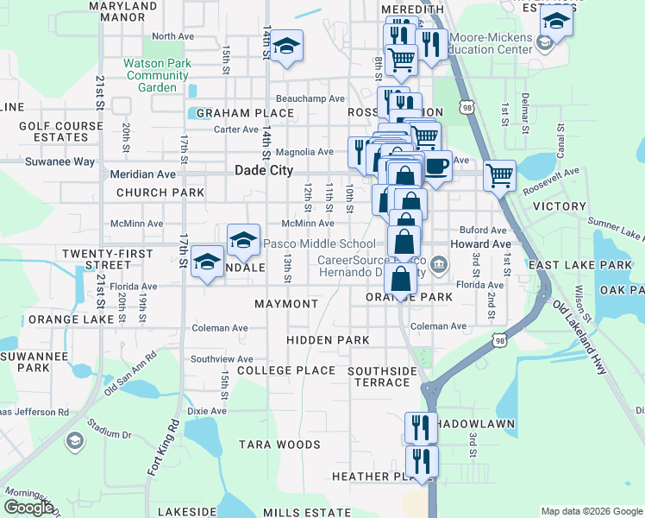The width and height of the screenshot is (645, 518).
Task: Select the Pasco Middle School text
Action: tap(319, 244)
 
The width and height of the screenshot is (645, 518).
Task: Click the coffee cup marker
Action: tap(436, 165)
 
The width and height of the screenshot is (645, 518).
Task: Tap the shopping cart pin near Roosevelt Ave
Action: tap(499, 175)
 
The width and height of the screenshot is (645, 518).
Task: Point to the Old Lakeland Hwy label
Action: tap(580, 337)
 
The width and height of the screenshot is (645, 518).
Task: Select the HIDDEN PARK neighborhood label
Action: tap(328, 340)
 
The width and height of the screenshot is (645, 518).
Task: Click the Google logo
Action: tap(28, 508)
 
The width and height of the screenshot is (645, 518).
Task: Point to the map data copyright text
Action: tap(591, 511)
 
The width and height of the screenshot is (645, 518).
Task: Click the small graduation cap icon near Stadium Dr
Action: tap(75, 441)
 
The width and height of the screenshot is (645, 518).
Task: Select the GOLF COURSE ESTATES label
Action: tap(53, 131)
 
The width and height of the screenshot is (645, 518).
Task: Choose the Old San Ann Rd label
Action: tap(130, 372)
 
